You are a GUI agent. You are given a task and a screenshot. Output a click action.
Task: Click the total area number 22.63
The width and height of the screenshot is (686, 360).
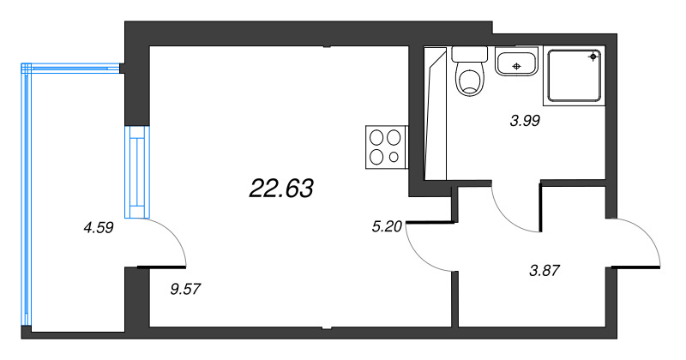click(x=281, y=188)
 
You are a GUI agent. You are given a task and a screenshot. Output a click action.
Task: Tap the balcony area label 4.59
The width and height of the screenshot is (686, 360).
click(x=99, y=228)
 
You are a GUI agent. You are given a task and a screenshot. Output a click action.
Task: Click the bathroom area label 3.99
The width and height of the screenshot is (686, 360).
click(x=524, y=121)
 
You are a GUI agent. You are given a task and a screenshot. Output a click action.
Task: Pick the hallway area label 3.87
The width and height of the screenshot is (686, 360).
click(x=545, y=271)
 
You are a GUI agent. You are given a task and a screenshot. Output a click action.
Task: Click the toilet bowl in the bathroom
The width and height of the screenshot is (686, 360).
click(x=469, y=81)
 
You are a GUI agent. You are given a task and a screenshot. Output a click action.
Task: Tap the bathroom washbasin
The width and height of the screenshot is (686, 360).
click(x=516, y=63)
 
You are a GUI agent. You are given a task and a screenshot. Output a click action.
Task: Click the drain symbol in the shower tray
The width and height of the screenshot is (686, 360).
click(x=593, y=57)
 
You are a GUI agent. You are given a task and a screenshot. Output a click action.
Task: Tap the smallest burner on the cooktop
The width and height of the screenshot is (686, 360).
click(x=394, y=157)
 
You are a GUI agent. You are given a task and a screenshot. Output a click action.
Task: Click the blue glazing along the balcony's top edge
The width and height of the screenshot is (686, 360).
click(x=73, y=66)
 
